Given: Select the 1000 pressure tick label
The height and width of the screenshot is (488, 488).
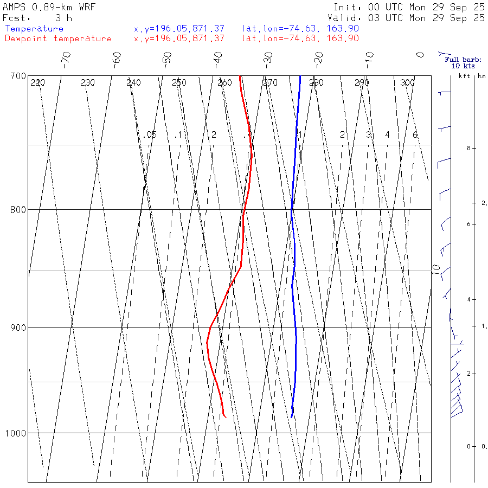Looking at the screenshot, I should (16, 433).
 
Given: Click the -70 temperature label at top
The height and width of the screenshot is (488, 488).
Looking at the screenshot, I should (66, 59).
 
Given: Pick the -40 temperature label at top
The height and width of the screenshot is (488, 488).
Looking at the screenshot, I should (218, 59).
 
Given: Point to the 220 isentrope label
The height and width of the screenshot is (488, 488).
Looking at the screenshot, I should (37, 83).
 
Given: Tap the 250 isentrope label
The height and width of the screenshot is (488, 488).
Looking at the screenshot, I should (179, 83).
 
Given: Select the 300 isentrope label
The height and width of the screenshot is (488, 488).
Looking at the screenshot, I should (407, 83).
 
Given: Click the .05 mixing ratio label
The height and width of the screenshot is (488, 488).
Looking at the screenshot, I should (150, 134).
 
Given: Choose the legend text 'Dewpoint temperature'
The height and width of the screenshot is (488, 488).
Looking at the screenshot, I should (59, 38).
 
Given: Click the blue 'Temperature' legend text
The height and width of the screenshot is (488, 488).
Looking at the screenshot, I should (35, 29).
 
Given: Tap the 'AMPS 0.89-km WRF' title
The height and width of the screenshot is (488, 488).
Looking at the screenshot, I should (49, 7).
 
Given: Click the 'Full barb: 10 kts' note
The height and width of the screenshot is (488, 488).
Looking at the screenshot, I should (460, 62).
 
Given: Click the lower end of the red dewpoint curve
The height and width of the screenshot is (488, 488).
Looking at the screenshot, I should (225, 417).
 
